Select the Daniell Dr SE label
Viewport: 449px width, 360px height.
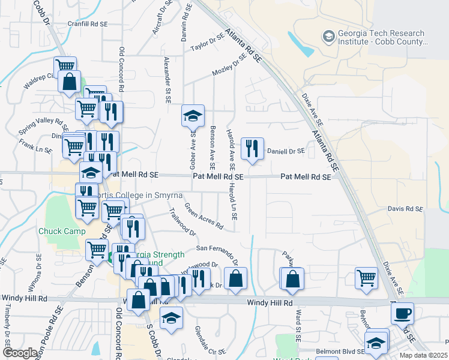click(286, 151)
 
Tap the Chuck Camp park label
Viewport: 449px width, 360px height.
click(58, 231)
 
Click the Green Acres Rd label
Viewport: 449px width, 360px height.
click(203, 217)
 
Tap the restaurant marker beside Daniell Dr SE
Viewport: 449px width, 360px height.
click(252, 148)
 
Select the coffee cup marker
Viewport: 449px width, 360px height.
click(402, 312)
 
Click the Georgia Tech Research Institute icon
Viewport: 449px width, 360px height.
click(328, 37)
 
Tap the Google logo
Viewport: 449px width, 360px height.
click(20, 353)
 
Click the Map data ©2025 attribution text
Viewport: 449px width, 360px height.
click(423, 355)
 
